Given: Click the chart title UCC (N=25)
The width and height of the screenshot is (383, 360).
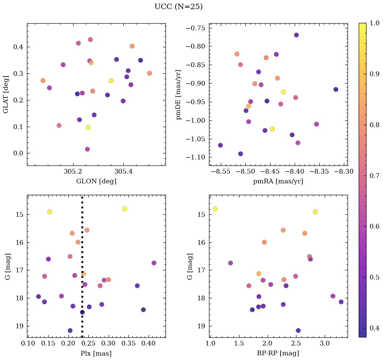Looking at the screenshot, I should [178, 7].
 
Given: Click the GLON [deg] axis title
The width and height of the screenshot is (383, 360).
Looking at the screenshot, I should [96, 181].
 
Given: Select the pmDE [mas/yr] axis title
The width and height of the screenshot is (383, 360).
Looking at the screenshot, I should [179, 94].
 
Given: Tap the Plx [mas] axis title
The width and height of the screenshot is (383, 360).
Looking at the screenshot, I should [96, 353].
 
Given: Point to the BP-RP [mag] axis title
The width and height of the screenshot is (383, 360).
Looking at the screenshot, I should [278, 353].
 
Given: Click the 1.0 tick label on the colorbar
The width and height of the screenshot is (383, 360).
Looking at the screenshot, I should [374, 23].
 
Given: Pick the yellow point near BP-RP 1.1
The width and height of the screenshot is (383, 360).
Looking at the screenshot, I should [215, 209].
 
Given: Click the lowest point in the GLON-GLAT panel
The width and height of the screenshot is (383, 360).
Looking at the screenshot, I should [87, 149].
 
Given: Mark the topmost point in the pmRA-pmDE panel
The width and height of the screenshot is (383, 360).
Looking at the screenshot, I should [296, 35].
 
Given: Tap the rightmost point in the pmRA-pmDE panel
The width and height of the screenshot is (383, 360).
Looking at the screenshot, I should [336, 89].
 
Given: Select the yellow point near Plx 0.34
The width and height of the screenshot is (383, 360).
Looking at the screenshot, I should [125, 209].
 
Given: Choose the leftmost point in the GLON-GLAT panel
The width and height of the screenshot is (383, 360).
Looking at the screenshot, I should [43, 81].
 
